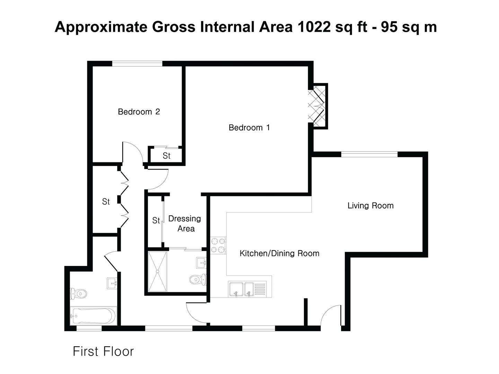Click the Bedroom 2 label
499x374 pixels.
tap(139, 112)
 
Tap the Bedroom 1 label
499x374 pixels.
tap(249, 128)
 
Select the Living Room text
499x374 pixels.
tap(370, 206)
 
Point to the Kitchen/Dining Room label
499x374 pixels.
tap(279, 253)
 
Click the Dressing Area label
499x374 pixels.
tap(185, 224)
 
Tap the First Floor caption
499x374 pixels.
tap(103, 351)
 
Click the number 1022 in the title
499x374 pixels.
tap(314, 27)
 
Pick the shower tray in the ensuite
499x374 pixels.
tap(158, 271)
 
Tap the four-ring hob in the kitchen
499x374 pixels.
tap(218, 245)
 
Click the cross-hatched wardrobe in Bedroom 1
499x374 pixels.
tap(317, 106)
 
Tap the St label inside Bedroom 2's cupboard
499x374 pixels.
tap(166, 156)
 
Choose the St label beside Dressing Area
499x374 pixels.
tap(156, 220)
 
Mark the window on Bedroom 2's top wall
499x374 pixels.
tap(137, 64)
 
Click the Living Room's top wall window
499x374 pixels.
tap(369, 154)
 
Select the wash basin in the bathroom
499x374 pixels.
tap(112, 283)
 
